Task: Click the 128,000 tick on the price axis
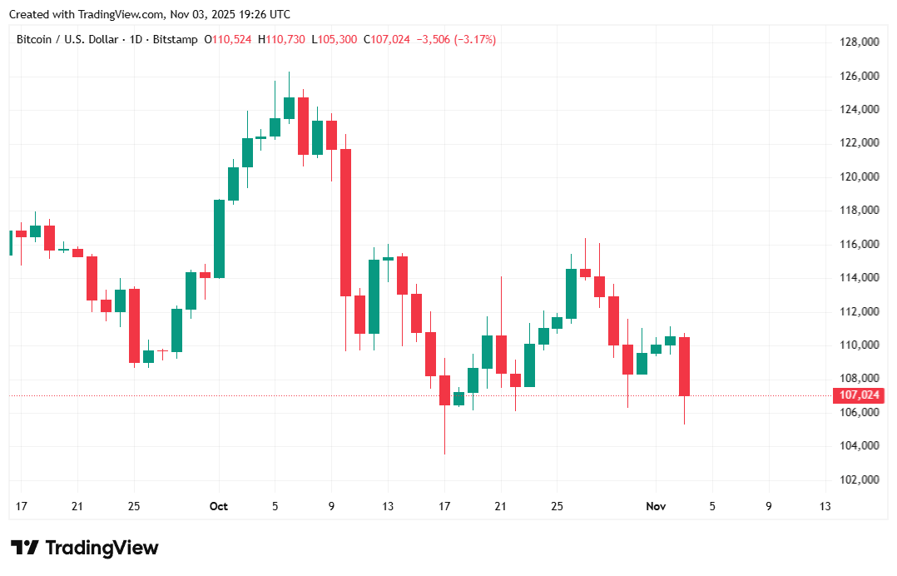tap(858, 42)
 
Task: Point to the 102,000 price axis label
tap(858, 480)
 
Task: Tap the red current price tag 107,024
tap(856, 396)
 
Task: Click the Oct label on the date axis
tap(219, 506)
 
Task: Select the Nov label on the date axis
tap(656, 506)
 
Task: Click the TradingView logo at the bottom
tap(85, 548)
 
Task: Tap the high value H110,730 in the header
tap(281, 39)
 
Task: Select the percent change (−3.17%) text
tap(475, 39)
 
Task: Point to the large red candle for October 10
tap(345, 222)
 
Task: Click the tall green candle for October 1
tap(220, 238)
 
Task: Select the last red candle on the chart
tap(684, 366)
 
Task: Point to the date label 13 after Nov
tap(825, 506)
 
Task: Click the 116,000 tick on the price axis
tap(858, 244)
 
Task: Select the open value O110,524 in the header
tap(228, 39)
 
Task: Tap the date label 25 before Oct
tap(134, 506)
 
